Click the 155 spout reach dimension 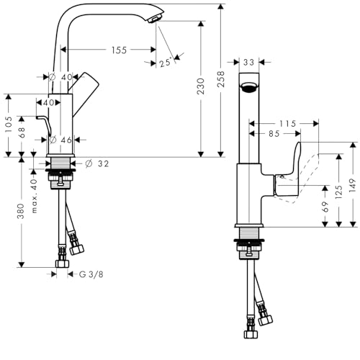point(119,50)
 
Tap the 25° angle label point(166,63)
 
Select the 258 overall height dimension point(220,79)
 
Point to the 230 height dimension point(201,86)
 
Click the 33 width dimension point(248,63)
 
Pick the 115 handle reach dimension point(287,124)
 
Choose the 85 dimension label point(274,134)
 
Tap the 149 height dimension point(353,185)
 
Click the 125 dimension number point(338,192)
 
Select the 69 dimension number point(325,207)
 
